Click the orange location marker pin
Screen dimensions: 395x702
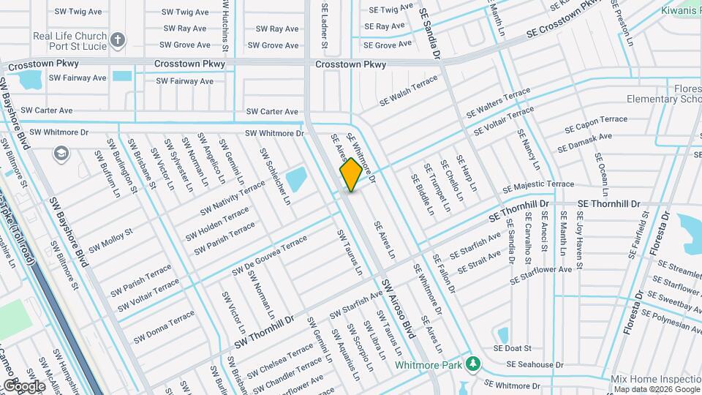coord(351,175)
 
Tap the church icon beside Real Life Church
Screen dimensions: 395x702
coord(118,38)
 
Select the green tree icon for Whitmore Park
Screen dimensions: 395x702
coord(474,364)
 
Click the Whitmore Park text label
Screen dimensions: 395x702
coord(430,364)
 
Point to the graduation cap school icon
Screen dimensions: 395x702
coord(60,153)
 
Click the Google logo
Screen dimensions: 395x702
coord(23,385)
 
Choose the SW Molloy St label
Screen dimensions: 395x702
coord(111,239)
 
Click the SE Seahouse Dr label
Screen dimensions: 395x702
coord(535,364)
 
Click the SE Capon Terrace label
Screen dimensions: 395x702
coord(596,123)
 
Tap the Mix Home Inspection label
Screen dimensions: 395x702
coord(657,380)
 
